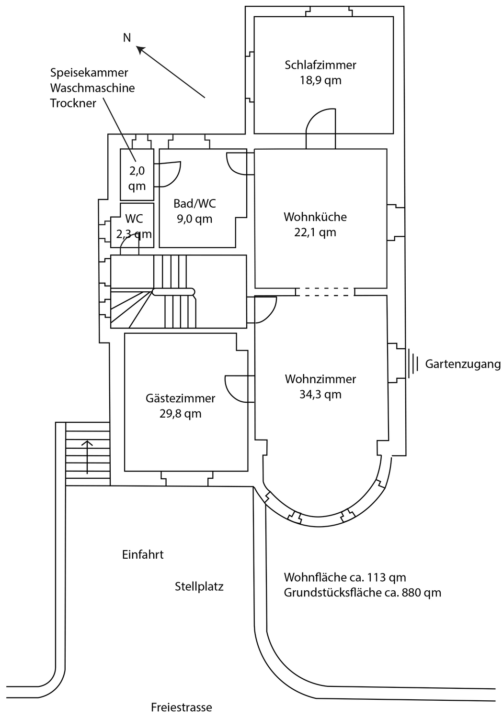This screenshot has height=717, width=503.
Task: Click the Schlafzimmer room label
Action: (320, 65)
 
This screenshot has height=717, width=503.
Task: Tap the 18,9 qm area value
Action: (320, 80)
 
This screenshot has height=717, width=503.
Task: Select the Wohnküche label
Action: (315, 217)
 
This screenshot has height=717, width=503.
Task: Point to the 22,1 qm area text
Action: (315, 232)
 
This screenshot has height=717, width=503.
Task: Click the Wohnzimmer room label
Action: (320, 379)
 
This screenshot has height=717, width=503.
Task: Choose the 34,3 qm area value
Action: (320, 395)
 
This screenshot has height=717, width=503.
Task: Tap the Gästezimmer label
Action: (181, 398)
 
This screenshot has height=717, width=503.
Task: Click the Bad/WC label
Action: (194, 203)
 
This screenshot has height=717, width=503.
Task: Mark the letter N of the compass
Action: (127, 38)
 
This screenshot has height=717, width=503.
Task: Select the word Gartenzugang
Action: (463, 364)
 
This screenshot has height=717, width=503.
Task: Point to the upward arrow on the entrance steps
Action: (87, 457)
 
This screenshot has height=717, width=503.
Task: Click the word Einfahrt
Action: (143, 555)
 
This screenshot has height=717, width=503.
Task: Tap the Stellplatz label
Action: (199, 586)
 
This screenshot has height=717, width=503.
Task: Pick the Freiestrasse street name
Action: (181, 707)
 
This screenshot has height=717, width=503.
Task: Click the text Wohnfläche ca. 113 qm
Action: (345, 577)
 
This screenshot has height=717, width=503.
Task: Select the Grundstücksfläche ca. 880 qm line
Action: (362, 593)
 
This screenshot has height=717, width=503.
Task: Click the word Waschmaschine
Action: (92, 88)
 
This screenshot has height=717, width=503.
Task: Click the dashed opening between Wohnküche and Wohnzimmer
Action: (325, 292)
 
